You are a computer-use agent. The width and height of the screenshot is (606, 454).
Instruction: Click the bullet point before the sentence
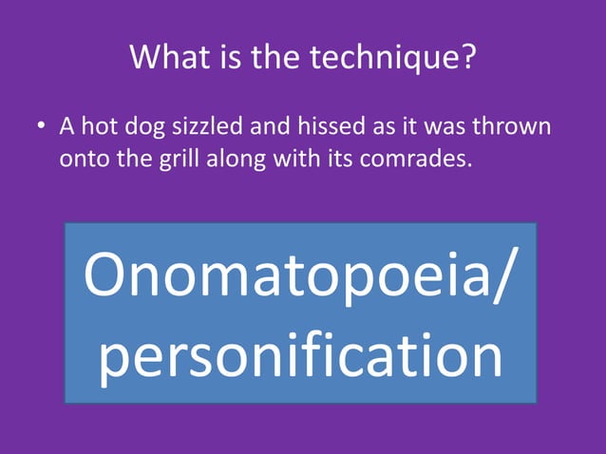coord(43,127)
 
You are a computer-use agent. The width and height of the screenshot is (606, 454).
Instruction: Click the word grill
coord(160,158)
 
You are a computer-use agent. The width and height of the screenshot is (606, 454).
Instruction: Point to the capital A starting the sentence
coord(66,125)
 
